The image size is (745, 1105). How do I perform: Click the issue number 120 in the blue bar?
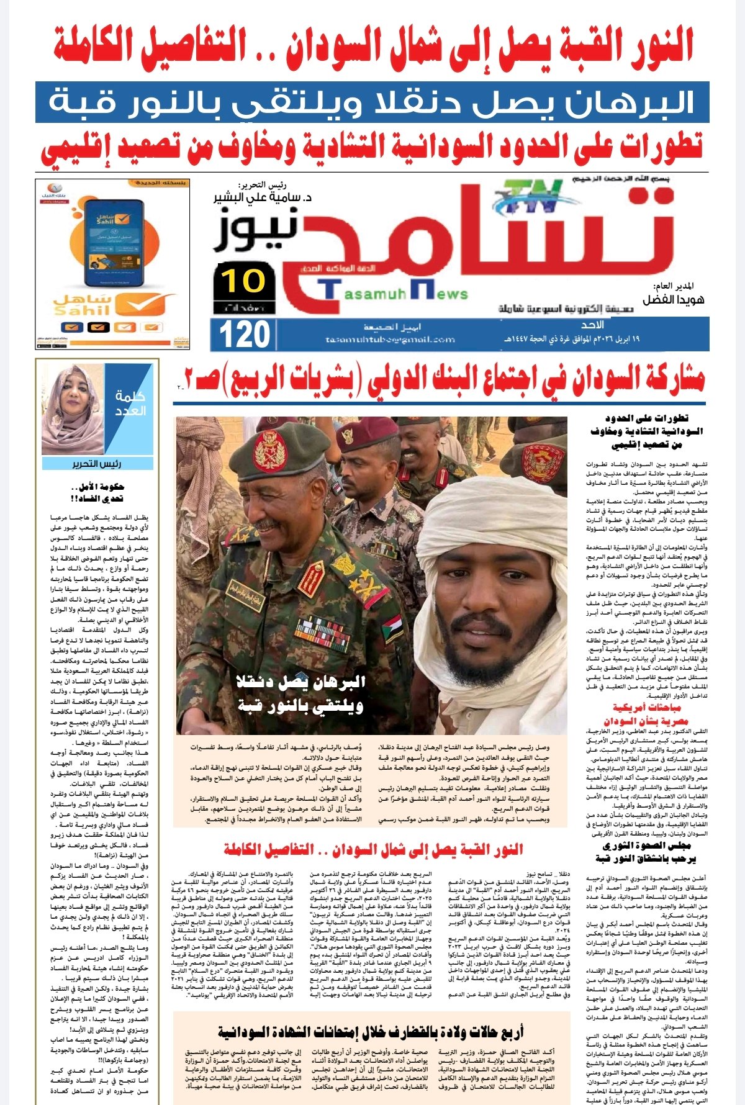coord(245,335)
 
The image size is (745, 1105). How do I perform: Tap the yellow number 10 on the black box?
coord(244,281)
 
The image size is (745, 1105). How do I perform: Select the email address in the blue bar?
coord(389,340)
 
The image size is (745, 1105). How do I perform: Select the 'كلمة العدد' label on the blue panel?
coord(130,404)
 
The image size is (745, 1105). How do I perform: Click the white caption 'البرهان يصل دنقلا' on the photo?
coord(301,682)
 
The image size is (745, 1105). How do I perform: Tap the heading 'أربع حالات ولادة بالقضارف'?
coord(371,1031)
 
